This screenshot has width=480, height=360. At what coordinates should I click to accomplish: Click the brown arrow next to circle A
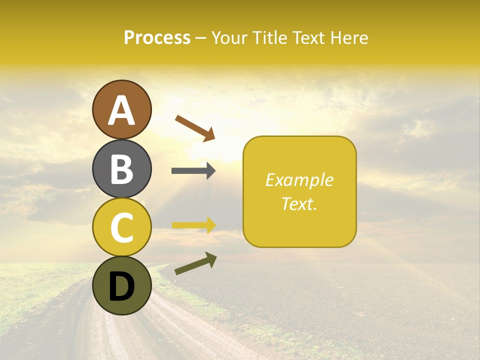[x=195, y=128]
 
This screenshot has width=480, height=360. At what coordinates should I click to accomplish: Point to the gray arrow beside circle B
[x=193, y=170]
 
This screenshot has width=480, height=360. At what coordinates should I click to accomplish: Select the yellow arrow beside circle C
[x=193, y=225]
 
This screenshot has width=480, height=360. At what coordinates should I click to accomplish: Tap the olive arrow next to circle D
[x=195, y=263]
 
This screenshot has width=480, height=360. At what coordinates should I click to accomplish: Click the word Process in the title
[x=157, y=37]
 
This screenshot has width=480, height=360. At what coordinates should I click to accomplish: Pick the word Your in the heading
[x=228, y=37]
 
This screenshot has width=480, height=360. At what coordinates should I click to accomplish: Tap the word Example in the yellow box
[x=299, y=180]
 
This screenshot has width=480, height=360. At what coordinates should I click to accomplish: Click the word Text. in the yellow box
[x=299, y=203]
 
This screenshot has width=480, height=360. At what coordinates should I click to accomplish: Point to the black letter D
[x=122, y=286]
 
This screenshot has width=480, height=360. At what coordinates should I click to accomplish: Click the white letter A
[x=122, y=110]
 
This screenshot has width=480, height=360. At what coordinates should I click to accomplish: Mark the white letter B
[x=122, y=169]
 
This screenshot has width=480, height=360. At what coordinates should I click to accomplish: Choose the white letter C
[x=122, y=227]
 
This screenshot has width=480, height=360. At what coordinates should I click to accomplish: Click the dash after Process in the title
[x=200, y=38]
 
